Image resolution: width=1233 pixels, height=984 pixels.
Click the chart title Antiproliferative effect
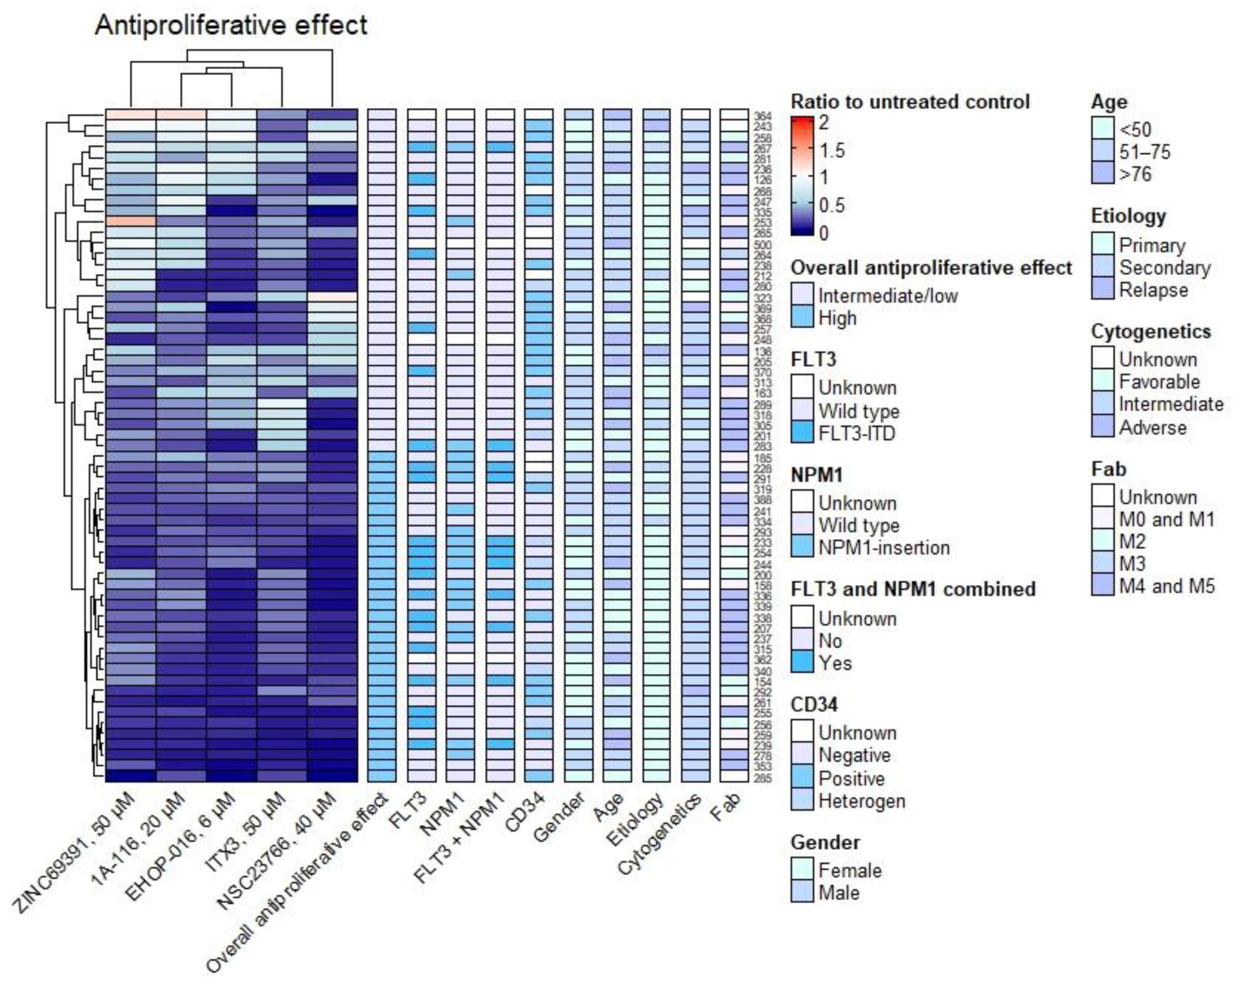point(230,26)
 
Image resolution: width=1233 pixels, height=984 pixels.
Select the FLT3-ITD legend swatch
point(802,433)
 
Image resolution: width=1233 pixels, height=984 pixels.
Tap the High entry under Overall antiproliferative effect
point(837,318)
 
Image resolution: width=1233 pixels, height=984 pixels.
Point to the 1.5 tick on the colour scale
point(831,150)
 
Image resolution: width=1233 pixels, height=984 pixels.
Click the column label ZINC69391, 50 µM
point(74,852)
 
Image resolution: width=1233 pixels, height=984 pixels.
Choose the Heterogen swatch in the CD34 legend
point(802,800)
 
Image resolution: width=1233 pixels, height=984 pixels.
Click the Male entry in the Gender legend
point(838,892)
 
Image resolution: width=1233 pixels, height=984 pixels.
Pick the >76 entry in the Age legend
point(1135,174)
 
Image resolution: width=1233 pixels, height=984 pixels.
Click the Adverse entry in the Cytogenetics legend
point(1152,427)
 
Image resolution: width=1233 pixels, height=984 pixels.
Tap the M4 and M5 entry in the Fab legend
point(1166,586)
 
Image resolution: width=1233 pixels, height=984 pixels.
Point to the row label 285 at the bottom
point(762,779)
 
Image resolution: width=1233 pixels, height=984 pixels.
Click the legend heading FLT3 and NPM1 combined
point(913,589)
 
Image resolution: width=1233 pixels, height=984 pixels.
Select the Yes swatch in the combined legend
point(802,663)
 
